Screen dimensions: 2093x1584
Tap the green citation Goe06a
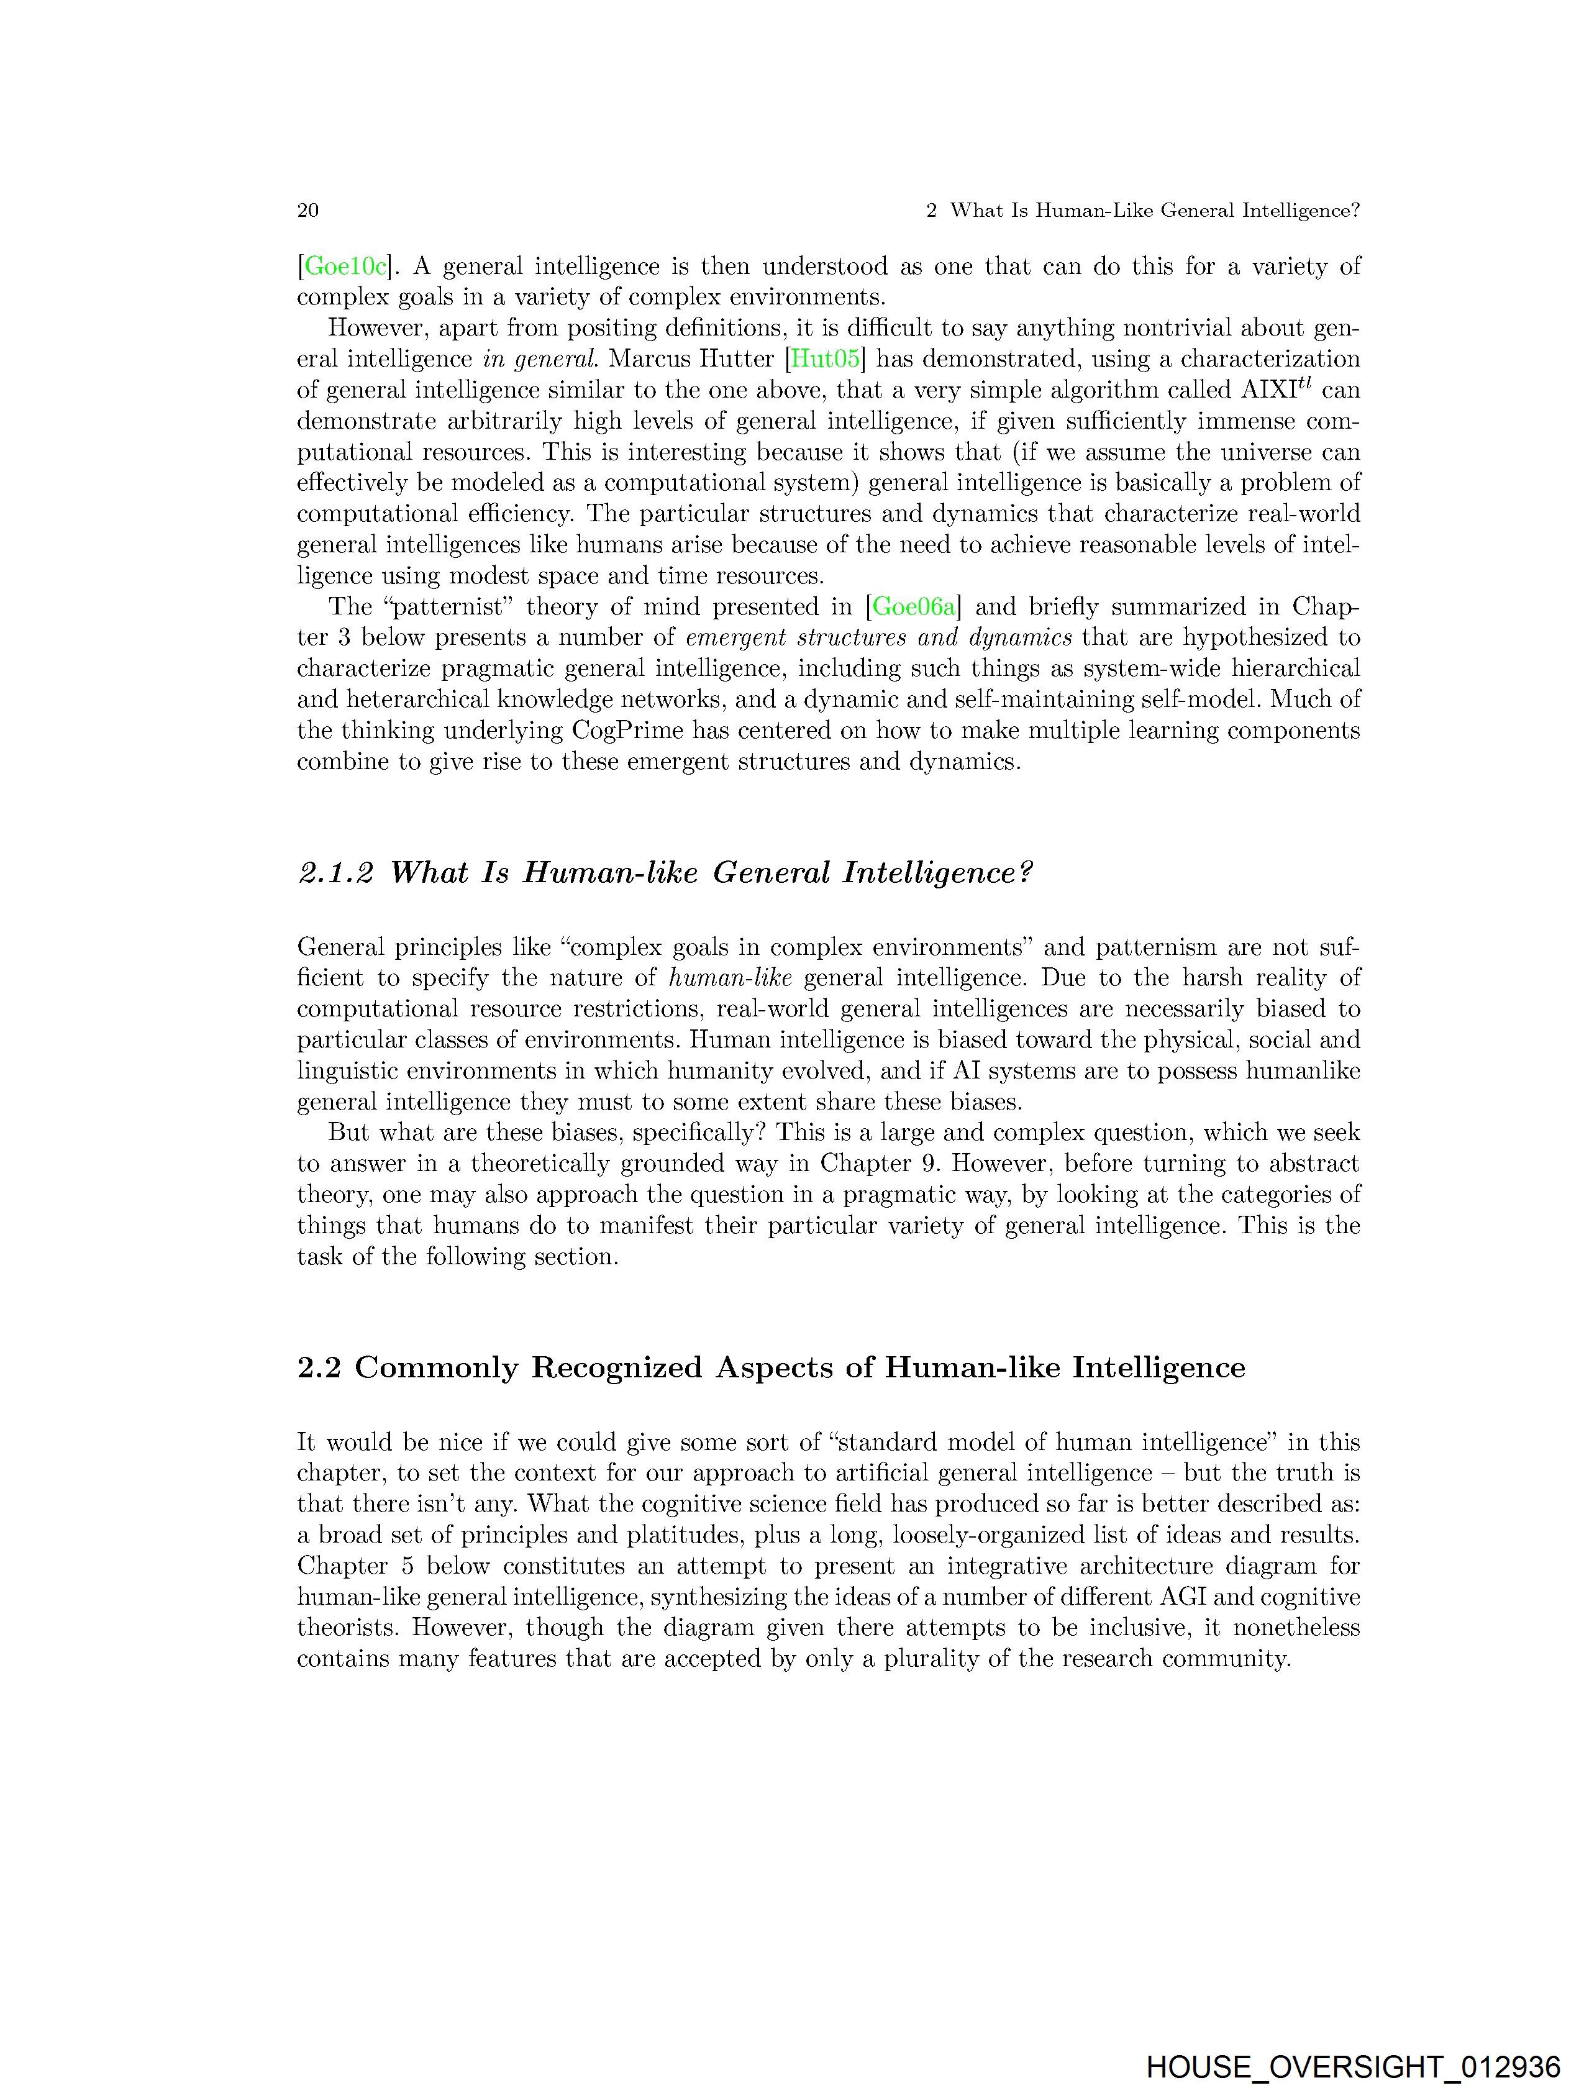(914, 606)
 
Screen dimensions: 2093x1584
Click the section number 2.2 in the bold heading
(318, 1368)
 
